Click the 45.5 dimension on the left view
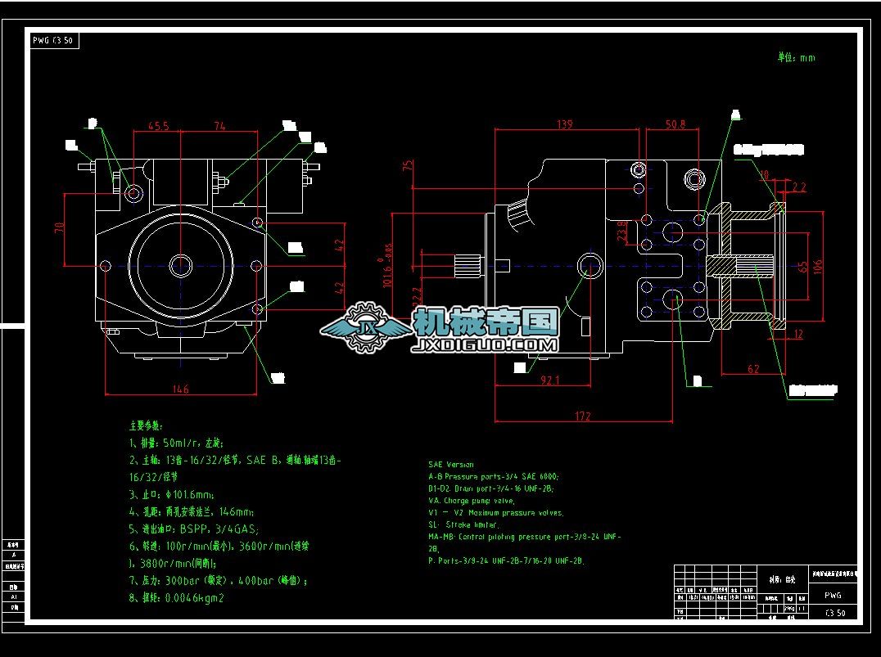[x=158, y=127]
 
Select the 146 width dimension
[x=180, y=389]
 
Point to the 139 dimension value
[x=564, y=124]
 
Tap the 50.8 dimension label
[x=675, y=125]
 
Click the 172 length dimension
[x=582, y=416]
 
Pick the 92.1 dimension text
[x=550, y=380]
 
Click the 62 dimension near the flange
[x=753, y=369]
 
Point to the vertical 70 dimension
[x=58, y=228]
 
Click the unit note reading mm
[x=796, y=57]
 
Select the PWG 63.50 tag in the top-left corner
[x=55, y=40]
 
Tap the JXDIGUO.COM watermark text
[x=486, y=345]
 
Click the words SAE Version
[x=450, y=464]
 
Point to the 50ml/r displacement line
[x=175, y=443]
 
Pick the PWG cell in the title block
[x=833, y=596]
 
